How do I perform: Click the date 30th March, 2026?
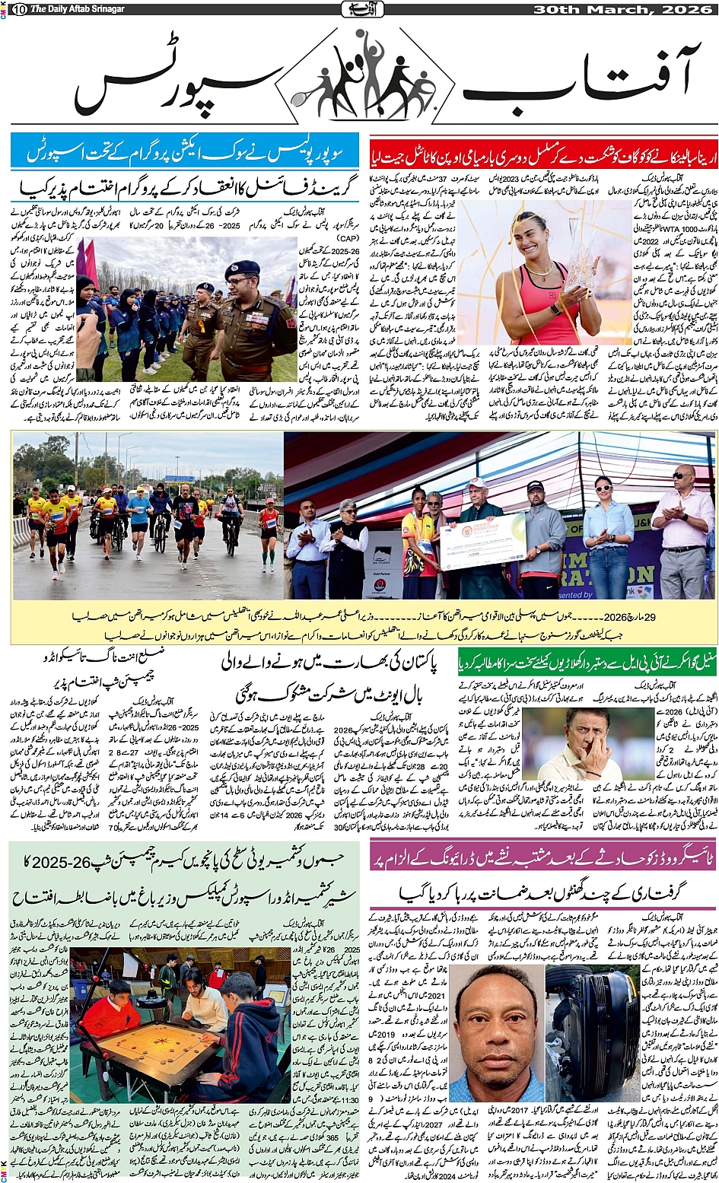click(x=623, y=9)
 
